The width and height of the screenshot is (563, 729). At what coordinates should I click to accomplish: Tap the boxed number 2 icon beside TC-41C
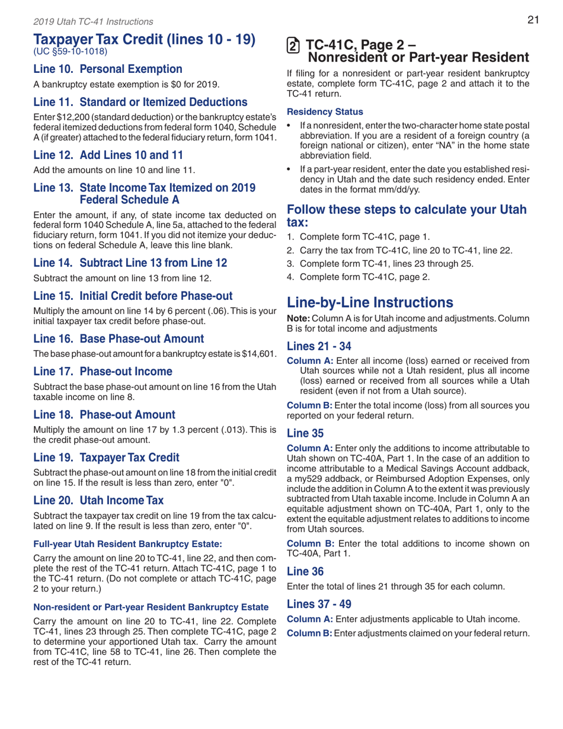(291, 45)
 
